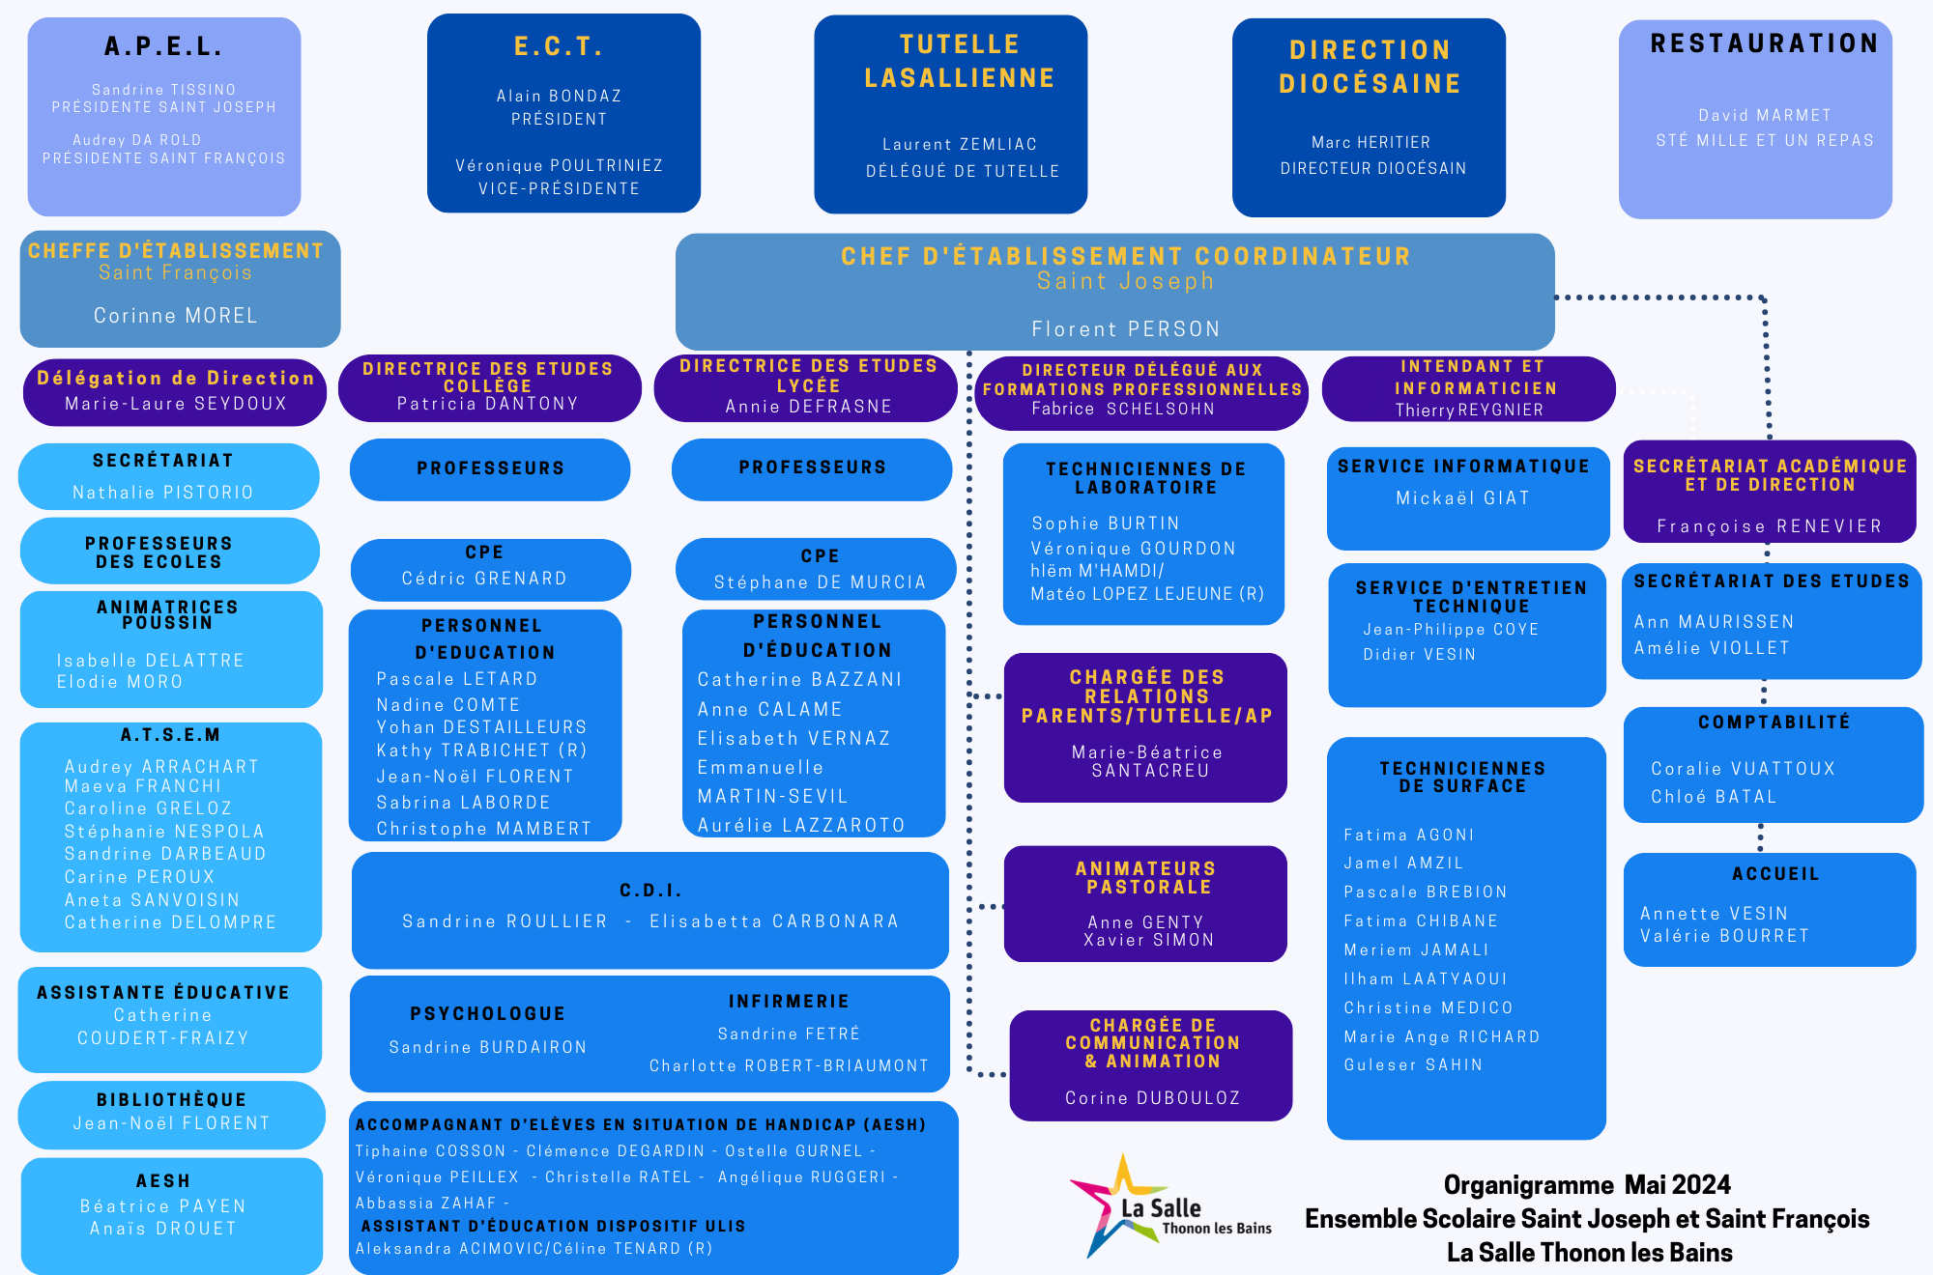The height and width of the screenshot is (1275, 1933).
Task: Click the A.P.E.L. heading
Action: tap(163, 46)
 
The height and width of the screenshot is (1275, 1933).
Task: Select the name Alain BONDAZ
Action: tap(559, 96)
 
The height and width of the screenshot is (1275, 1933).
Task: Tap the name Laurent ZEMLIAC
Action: tap(959, 144)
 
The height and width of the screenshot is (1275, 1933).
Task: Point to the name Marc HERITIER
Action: tap(1370, 142)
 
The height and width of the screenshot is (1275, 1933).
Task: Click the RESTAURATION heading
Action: tap(1764, 43)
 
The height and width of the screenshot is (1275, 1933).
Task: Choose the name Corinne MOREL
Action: tap(176, 316)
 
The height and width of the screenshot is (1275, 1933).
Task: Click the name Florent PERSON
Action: tap(1125, 329)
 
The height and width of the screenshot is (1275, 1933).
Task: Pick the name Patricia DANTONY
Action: tap(487, 404)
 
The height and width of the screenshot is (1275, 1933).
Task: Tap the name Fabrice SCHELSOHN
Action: tap(1122, 409)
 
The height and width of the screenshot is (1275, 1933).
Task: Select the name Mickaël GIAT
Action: tap(1462, 498)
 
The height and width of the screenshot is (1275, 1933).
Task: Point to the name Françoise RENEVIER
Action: tap(1769, 526)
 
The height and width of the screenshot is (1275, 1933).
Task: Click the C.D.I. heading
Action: tap(650, 891)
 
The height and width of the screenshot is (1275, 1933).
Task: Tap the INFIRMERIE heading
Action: tap(789, 1002)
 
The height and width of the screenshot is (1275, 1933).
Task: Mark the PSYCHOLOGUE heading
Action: tap(487, 1013)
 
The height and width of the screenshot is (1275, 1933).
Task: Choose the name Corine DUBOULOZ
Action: tap(1152, 1098)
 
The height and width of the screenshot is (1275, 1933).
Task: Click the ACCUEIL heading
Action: tap(1774, 874)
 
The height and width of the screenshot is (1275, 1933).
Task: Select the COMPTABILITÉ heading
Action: tap(1774, 722)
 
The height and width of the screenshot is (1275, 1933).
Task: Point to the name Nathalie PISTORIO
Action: tap(162, 493)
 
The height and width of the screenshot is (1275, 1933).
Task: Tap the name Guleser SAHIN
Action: tap(1412, 1064)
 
